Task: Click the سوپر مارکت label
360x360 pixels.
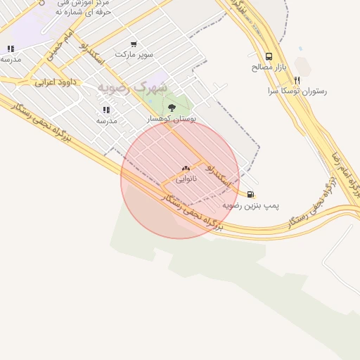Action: [x=134, y=54]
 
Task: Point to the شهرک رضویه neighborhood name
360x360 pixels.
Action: [x=133, y=87]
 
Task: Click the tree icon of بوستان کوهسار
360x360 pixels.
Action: [x=172, y=108]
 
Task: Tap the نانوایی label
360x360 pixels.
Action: [x=186, y=179]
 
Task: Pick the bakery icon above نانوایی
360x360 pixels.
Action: [x=186, y=168]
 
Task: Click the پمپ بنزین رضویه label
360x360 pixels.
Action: [x=251, y=205]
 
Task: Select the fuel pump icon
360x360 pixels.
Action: [x=251, y=194]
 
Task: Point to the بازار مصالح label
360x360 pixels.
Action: [x=269, y=67]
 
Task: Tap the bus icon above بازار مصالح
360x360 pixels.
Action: [x=269, y=56]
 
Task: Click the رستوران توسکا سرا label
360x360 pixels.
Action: [x=297, y=91]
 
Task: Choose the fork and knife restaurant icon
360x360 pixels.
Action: [x=297, y=80]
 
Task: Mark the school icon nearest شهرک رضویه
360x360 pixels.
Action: [x=106, y=110]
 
